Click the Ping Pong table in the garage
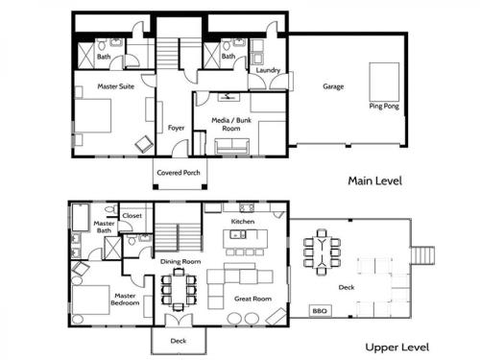[x=384, y=82]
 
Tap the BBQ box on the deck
[x=320, y=311]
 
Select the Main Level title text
[x=374, y=180]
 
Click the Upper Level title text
[x=397, y=348]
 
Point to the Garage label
[x=333, y=86]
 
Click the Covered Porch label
[x=179, y=173]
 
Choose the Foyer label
[x=176, y=128]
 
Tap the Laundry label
[x=268, y=70]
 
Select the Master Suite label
[x=116, y=86]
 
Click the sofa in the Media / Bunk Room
[x=232, y=146]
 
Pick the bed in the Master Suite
[x=93, y=115]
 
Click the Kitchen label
[x=243, y=222]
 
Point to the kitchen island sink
[x=238, y=234]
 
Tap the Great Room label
[x=252, y=299]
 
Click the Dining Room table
[x=179, y=290]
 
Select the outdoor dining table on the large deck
[x=322, y=252]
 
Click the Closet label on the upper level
[x=132, y=216]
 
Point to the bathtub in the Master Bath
[x=81, y=217]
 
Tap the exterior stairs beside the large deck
[x=422, y=255]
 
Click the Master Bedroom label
[x=125, y=300]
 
